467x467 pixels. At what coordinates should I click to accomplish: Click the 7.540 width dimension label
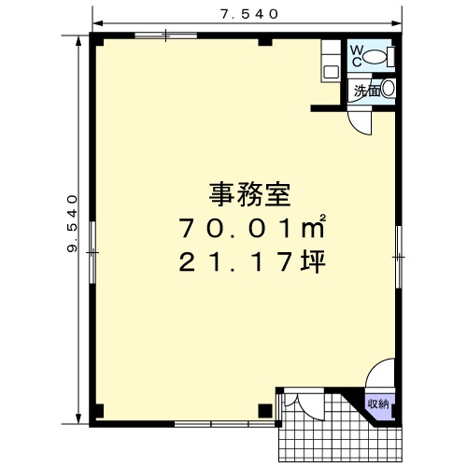249,14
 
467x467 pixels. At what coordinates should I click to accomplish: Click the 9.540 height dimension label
72,223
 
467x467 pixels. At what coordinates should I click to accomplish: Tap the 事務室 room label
249,195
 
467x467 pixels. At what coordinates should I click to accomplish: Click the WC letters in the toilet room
357,56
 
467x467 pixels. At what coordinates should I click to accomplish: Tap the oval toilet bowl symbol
375,57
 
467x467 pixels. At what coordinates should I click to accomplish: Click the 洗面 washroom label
367,91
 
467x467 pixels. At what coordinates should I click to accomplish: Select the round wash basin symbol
388,89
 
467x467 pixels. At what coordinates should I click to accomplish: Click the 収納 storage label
378,404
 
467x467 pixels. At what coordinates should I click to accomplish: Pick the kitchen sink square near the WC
331,72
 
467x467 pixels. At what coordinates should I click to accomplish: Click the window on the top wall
166,35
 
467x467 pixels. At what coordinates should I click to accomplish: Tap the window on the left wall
92,252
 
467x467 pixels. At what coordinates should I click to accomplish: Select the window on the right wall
399,257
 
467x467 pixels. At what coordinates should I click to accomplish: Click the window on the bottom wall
225,424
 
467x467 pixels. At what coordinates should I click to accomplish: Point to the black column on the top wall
265,42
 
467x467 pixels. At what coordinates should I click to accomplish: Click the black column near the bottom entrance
265,411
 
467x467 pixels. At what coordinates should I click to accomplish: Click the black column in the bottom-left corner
99,411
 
